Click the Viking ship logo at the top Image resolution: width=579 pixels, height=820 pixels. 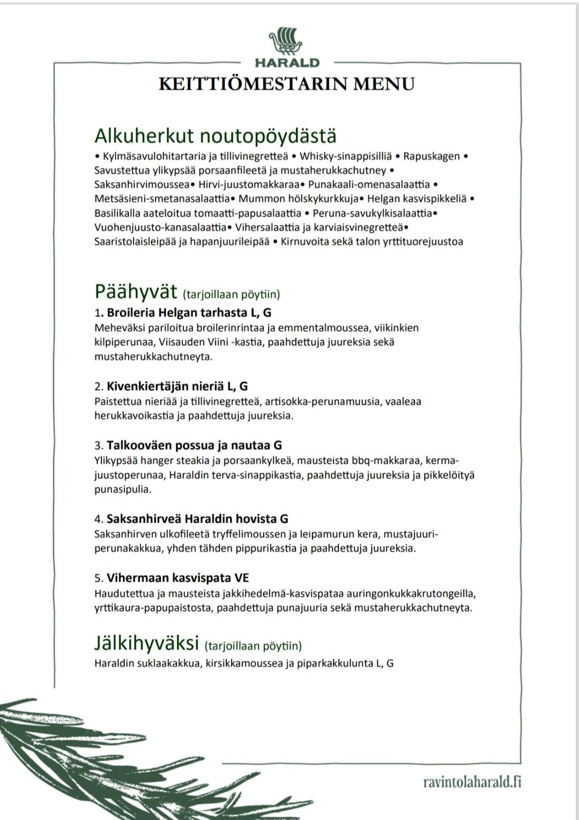(x=287, y=41)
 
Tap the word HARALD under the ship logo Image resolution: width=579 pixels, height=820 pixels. (x=287, y=63)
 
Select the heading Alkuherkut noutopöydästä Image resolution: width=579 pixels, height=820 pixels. (x=215, y=136)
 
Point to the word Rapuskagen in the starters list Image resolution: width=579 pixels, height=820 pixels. (x=431, y=156)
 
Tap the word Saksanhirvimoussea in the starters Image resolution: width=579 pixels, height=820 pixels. (x=142, y=184)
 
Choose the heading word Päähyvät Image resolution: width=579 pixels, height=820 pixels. (x=136, y=292)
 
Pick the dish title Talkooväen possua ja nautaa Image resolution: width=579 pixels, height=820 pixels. (x=188, y=445)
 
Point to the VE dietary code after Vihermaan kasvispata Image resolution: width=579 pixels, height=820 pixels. (x=242, y=578)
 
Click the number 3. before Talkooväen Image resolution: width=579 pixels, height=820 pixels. (x=99, y=445)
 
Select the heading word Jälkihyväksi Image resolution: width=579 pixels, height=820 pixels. (x=146, y=642)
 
